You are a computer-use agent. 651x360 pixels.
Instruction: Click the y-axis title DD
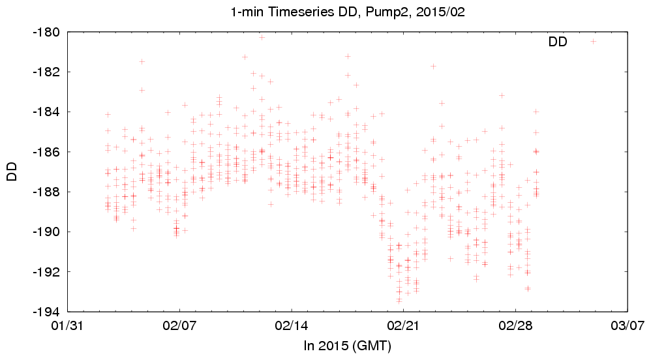(x=11, y=172)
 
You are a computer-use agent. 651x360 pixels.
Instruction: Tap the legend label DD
(x=558, y=42)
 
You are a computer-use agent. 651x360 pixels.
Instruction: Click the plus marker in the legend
(x=594, y=41)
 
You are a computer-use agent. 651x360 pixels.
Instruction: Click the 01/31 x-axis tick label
(x=67, y=324)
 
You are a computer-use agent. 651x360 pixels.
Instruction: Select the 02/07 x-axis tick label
(x=179, y=324)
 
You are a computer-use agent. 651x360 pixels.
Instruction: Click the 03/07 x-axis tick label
(x=628, y=324)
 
